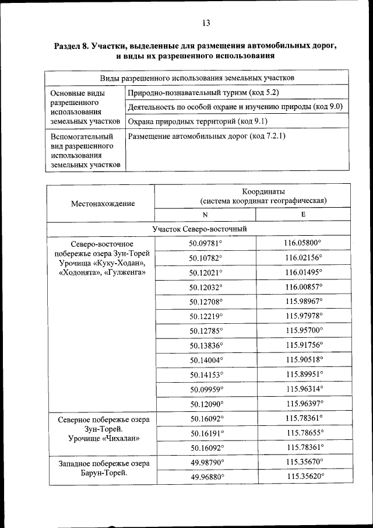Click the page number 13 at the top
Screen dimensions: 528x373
point(205,23)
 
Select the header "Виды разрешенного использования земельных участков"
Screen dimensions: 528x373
point(197,78)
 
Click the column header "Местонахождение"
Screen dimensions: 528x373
point(103,203)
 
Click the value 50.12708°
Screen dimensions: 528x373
point(206,302)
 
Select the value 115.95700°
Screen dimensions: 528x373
point(304,330)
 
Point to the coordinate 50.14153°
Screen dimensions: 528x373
point(206,374)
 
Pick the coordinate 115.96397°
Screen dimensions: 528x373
point(305,403)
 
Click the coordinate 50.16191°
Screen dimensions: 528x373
point(206,433)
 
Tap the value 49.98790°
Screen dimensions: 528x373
point(206,462)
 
